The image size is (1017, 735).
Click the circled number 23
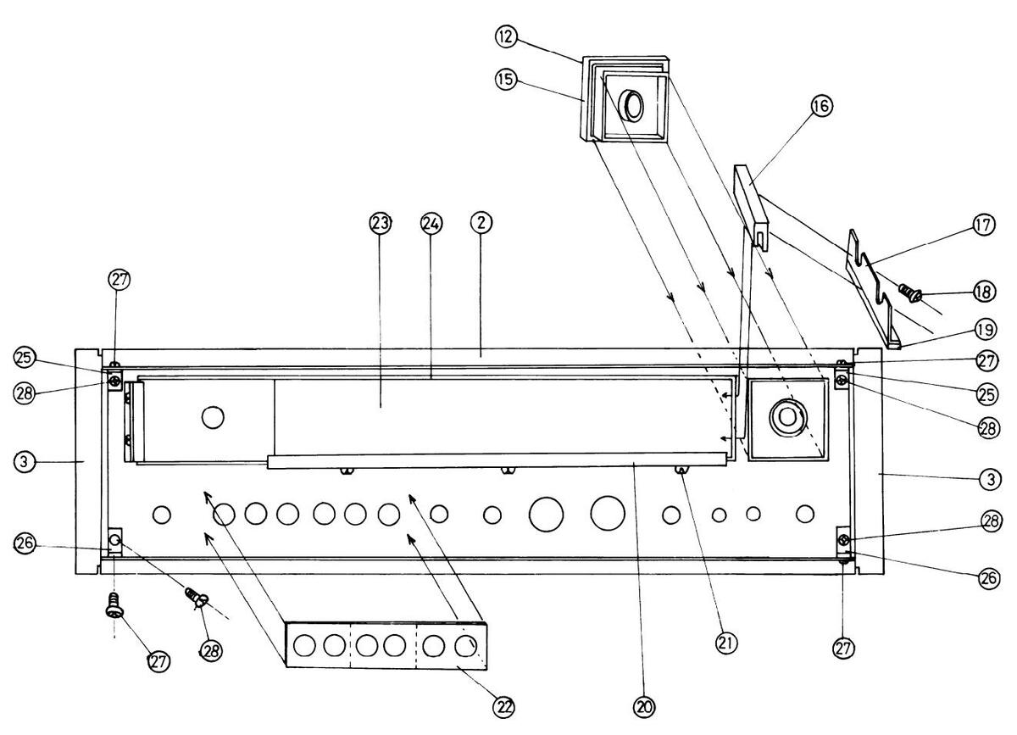tap(380, 223)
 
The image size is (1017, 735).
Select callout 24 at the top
tap(431, 223)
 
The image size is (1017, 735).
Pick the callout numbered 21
tap(725, 643)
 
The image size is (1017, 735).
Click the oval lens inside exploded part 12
tap(632, 106)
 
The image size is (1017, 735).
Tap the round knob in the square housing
tap(787, 416)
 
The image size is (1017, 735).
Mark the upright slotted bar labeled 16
tap(751, 203)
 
